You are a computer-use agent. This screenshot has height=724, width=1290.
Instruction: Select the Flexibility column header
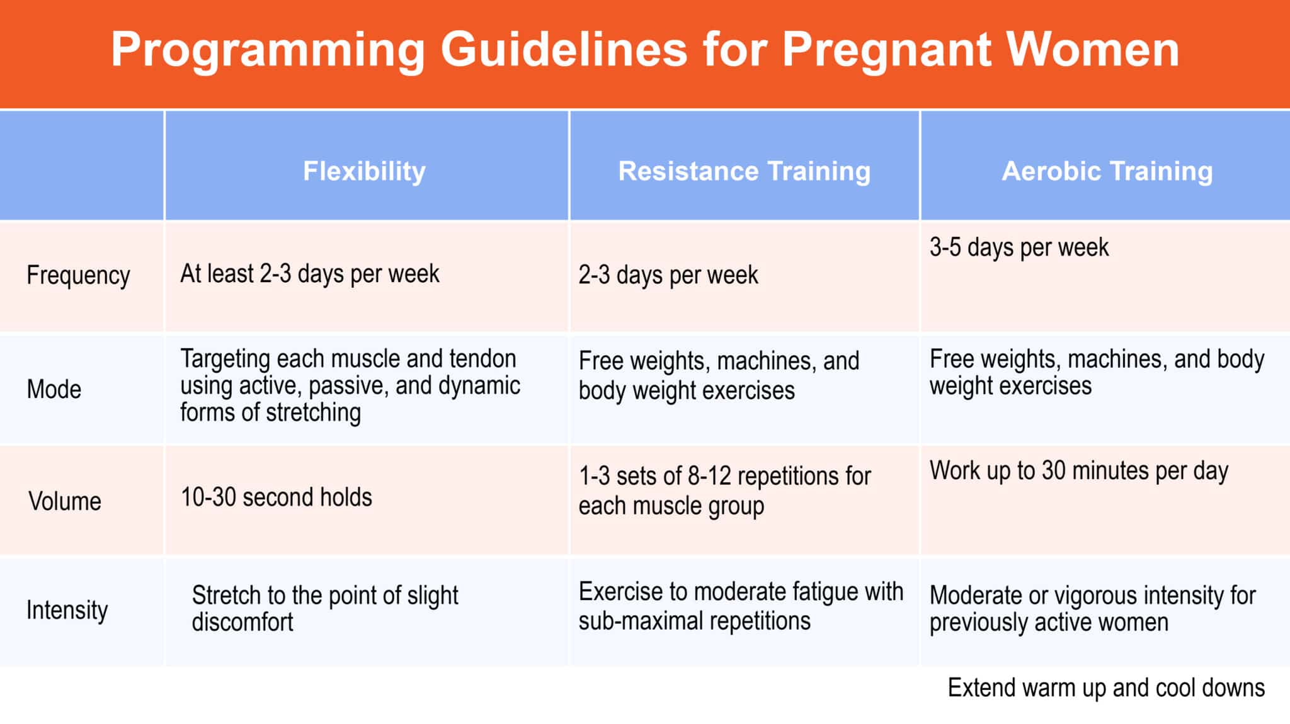pyautogui.click(x=364, y=171)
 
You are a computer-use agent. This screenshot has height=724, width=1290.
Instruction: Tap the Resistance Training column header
pyautogui.click(x=745, y=171)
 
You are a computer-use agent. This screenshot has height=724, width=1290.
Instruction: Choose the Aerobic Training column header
pyautogui.click(x=1107, y=171)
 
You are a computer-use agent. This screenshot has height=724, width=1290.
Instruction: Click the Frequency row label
pyautogui.click(x=78, y=276)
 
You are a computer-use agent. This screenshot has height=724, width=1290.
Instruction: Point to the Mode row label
pyautogui.click(x=54, y=390)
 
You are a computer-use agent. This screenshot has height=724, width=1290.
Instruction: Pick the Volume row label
pyautogui.click(x=65, y=502)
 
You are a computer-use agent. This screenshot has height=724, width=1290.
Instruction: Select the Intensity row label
pyautogui.click(x=67, y=610)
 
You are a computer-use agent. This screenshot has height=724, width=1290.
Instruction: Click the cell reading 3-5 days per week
pyautogui.click(x=1019, y=248)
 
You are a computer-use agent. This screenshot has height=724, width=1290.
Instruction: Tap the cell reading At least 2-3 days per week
pyautogui.click(x=310, y=274)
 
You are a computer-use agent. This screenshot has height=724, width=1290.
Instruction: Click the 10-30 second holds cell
pyautogui.click(x=277, y=497)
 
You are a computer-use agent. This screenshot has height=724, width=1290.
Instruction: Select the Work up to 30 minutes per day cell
pyautogui.click(x=1079, y=471)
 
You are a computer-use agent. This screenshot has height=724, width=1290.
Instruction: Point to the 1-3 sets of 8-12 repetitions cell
pyautogui.click(x=724, y=491)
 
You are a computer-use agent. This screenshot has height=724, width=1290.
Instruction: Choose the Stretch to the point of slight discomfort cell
pyautogui.click(x=325, y=609)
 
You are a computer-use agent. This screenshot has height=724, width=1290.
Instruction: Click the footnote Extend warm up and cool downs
pyautogui.click(x=1106, y=688)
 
